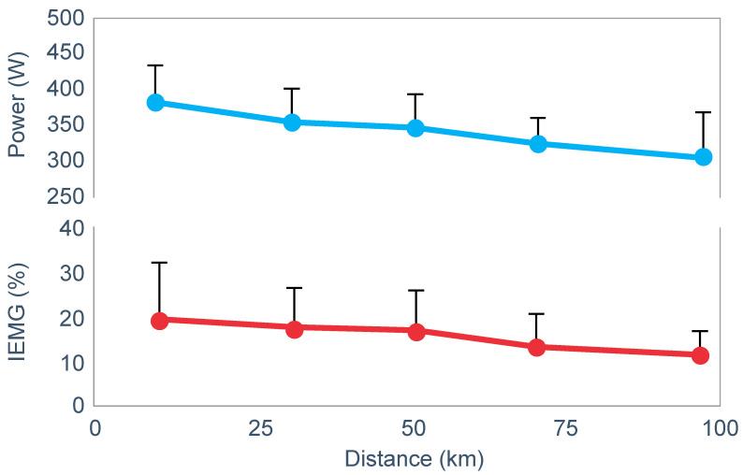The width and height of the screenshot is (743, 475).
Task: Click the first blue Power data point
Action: point(156,102)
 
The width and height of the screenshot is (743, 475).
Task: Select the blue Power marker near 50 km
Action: point(416,127)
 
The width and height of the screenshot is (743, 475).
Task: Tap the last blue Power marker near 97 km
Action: point(703,157)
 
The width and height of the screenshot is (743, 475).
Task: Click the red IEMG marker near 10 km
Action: point(159,321)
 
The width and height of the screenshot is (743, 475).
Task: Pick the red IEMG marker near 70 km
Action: point(537,347)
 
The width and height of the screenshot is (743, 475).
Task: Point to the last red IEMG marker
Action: point(700,355)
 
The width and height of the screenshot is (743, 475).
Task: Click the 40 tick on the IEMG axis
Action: point(71,229)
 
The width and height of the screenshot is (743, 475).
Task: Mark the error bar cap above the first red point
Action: point(159,263)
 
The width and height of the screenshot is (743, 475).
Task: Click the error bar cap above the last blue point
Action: point(703,112)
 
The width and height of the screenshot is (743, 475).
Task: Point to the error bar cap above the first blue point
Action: point(156,65)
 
